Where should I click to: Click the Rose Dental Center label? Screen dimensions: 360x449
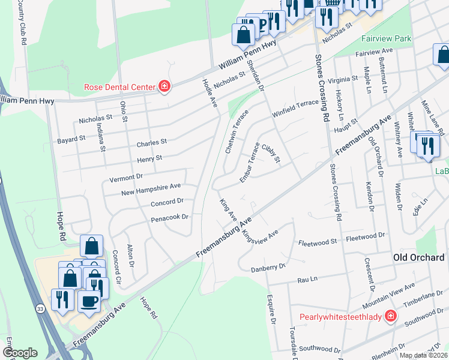(119, 87)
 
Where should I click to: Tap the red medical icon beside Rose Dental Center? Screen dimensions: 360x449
(164, 87)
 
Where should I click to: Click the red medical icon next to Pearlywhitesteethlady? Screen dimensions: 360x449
(391, 316)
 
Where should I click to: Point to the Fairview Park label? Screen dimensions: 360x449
(386, 38)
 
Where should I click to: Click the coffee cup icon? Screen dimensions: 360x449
(89, 300)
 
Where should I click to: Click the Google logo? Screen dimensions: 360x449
(20, 353)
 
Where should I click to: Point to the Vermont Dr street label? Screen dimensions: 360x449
(126, 178)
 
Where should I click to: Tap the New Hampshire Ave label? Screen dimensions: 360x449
(151, 189)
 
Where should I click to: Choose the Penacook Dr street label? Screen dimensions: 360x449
(169, 217)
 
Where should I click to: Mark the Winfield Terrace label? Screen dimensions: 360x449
(295, 107)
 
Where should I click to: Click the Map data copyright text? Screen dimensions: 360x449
(424, 355)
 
